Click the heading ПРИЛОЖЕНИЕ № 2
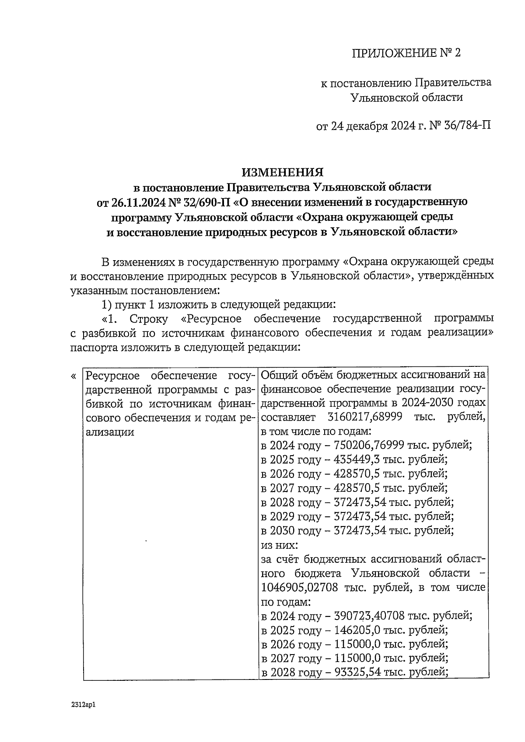[x=406, y=53]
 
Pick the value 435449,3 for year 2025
[x=353, y=460]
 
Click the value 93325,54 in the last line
[x=357, y=673]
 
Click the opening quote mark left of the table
[x=73, y=376]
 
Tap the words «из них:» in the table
[x=280, y=545]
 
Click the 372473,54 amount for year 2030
[x=360, y=531]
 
